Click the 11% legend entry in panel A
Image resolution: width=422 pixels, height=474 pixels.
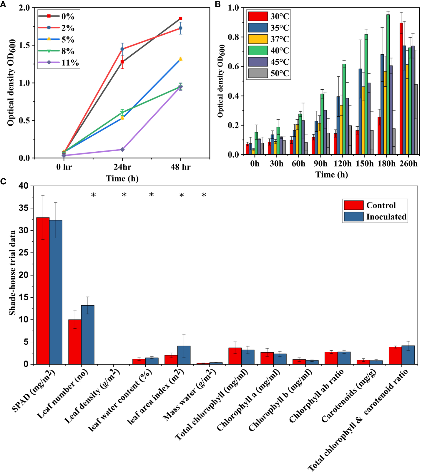click(x=59, y=63)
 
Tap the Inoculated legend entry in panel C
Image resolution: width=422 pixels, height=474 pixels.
click(x=376, y=217)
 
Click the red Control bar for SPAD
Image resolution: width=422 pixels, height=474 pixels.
click(x=43, y=291)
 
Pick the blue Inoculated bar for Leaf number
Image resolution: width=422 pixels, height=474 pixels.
click(x=88, y=335)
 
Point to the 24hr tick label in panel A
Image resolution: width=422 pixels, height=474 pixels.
click(x=122, y=167)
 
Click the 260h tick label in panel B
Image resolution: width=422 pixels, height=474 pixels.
click(x=408, y=164)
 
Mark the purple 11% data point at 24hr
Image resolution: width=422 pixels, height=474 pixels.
click(x=122, y=150)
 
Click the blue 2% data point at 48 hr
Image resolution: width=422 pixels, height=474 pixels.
click(x=180, y=28)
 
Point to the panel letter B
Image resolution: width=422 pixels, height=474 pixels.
click(x=218, y=4)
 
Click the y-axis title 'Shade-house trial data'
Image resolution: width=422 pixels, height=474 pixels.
click(x=12, y=273)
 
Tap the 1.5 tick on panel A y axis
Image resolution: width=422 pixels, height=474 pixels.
click(x=24, y=45)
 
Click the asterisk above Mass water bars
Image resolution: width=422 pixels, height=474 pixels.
click(x=204, y=195)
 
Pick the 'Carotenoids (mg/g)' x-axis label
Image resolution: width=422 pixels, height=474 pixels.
click(x=349, y=396)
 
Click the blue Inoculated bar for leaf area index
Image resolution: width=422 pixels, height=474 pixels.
click(x=184, y=355)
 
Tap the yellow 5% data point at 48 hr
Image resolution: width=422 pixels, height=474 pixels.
click(x=180, y=59)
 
